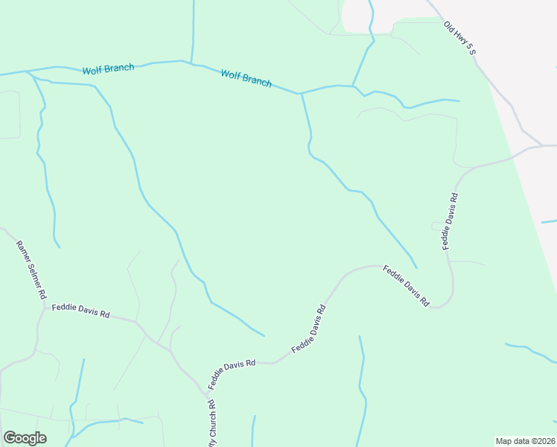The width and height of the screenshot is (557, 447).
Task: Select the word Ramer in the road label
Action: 23,249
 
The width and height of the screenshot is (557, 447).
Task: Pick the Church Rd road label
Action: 211,422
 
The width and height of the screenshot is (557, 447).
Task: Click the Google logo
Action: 25,438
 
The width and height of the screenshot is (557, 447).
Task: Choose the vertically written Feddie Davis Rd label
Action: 449,221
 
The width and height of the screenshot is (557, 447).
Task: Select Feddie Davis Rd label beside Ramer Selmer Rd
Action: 80,311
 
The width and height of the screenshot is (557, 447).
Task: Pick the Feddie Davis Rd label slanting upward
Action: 309,329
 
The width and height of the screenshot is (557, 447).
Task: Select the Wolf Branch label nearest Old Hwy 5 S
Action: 246,77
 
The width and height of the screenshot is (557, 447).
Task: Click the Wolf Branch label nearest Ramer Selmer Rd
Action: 108,69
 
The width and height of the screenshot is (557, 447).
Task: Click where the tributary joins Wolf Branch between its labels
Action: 192,63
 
